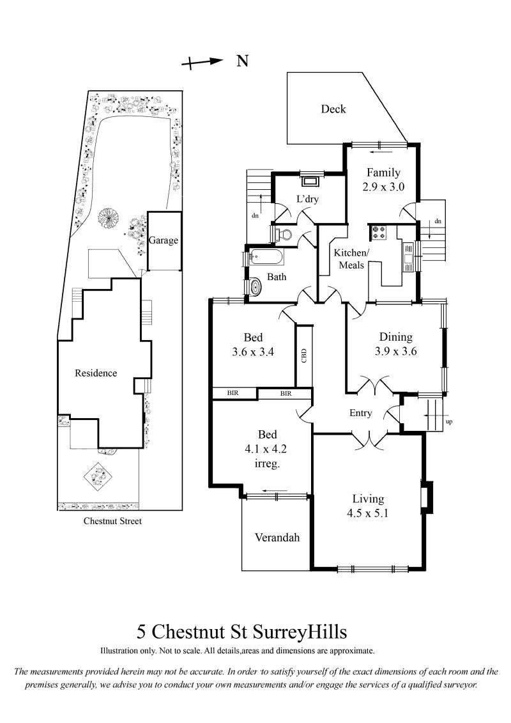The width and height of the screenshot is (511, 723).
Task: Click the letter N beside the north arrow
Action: coord(242,61)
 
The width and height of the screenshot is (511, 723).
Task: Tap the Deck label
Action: coord(333,109)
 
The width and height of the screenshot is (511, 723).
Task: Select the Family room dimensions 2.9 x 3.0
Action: coord(383,187)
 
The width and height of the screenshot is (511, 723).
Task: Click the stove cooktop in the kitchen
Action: coord(379,233)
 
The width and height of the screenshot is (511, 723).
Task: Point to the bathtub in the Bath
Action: coord(267,257)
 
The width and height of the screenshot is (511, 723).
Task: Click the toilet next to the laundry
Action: coord(283,234)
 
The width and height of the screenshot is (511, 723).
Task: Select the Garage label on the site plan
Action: coord(163,240)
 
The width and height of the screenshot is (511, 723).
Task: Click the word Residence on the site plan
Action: coord(96,373)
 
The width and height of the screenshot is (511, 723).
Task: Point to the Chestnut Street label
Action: coord(112,521)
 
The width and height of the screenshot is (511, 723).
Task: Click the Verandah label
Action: coord(277,537)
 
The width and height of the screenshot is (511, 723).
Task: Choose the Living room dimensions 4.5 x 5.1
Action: coord(367,513)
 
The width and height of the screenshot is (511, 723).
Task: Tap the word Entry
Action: coord(360,413)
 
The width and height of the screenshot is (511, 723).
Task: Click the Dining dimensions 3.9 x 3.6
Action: coord(396,352)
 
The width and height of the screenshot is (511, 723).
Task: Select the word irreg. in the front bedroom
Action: coord(267,463)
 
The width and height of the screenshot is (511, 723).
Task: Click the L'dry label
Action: coord(307,199)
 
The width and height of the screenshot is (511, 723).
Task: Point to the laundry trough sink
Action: coord(309,180)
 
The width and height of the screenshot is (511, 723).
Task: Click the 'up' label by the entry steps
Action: coord(449,421)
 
